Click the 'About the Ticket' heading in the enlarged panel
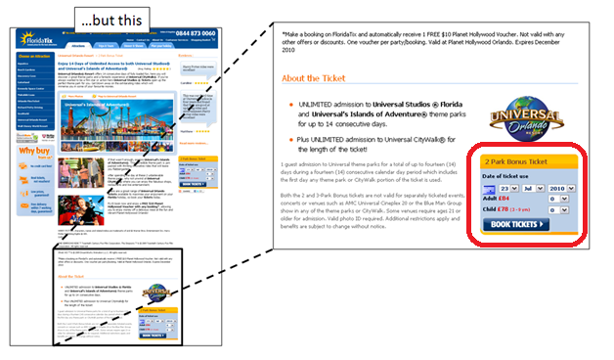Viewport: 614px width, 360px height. [317, 77]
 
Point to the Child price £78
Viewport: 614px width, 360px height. [504, 208]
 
